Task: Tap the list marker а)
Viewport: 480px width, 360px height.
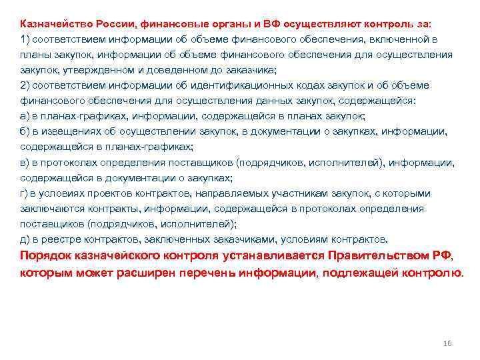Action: [x=25, y=116]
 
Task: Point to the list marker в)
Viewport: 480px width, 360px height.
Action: [x=25, y=162]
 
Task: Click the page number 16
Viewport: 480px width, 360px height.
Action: [x=447, y=343]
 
